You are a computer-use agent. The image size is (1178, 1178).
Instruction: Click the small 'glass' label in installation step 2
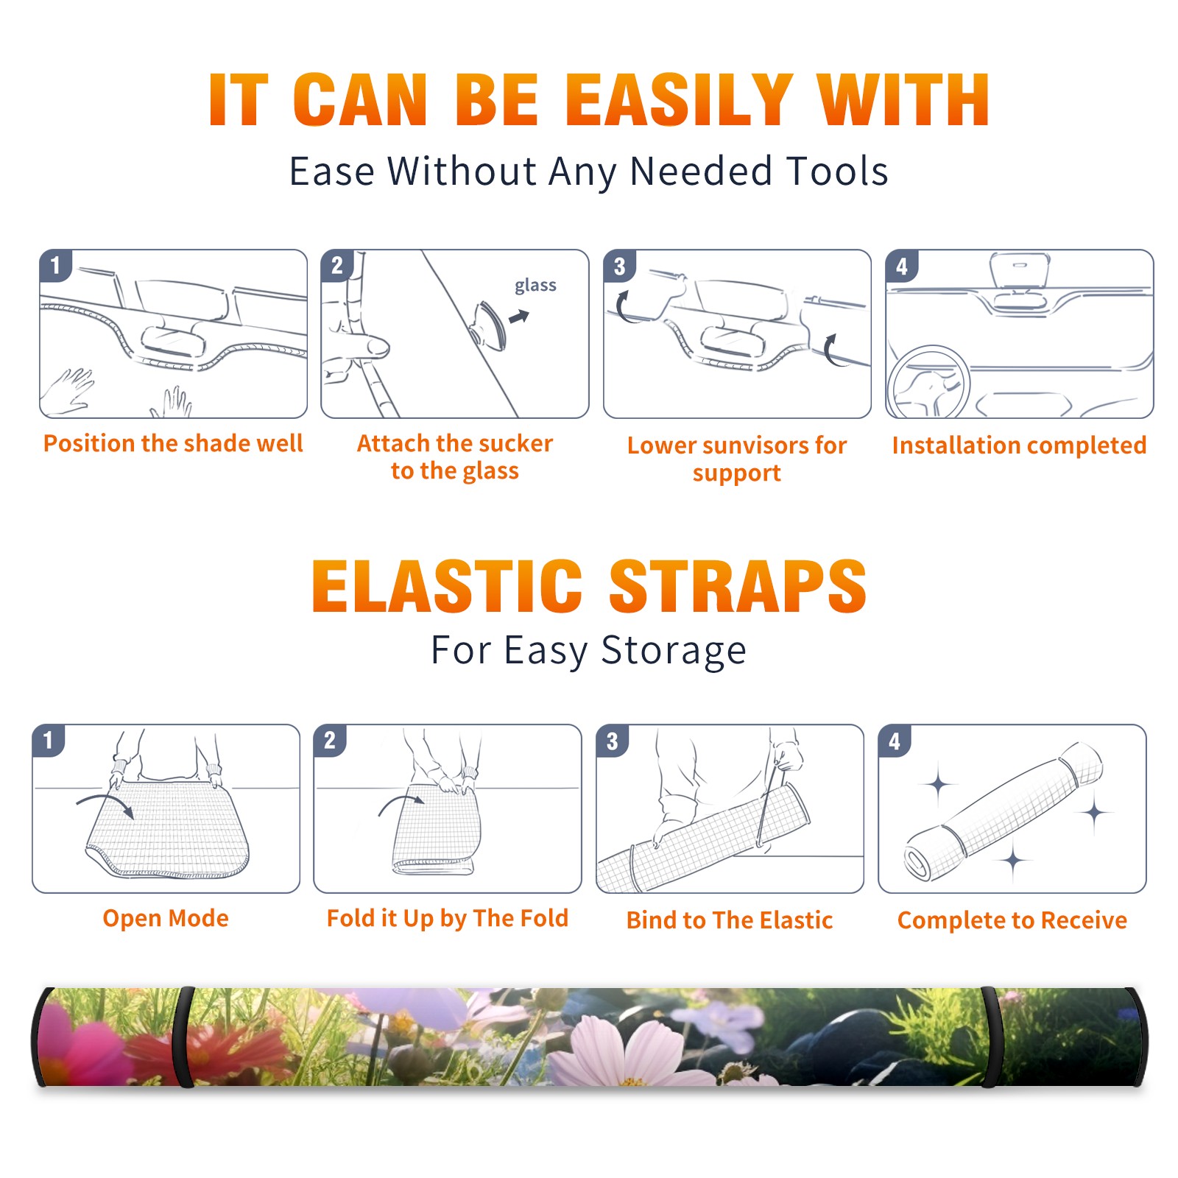535,286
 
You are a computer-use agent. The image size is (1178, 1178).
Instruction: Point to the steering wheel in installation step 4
929,381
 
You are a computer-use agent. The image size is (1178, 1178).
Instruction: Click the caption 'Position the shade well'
173,443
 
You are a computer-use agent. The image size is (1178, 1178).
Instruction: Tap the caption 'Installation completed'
1019,445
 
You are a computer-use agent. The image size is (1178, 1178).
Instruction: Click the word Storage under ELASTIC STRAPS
674,651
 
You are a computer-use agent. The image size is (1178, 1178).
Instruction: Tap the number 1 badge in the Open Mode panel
49,741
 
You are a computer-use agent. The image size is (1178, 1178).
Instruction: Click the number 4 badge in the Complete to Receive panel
895,741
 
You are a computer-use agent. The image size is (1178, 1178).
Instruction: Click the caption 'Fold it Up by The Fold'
448,918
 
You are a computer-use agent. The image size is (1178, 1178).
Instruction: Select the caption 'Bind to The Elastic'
730,920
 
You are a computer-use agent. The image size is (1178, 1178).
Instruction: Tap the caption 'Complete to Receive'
1012,920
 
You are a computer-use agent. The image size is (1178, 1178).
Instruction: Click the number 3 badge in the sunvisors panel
619,267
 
